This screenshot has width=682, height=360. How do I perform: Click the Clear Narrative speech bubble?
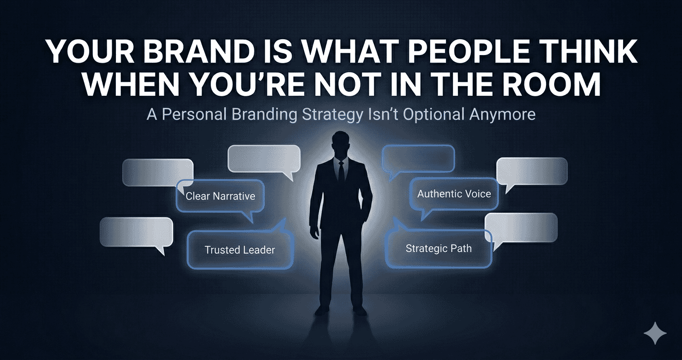click(x=220, y=196)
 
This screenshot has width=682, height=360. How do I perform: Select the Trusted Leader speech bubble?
click(x=239, y=249)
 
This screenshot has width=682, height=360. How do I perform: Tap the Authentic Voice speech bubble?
click(x=454, y=194)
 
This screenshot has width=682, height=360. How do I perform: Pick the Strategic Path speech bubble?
click(x=438, y=248)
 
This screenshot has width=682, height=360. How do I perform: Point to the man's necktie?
click(x=341, y=172)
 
